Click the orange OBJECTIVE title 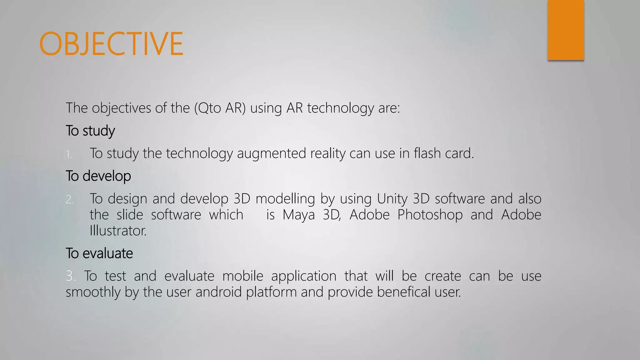point(111,44)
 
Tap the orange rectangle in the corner point(566,30)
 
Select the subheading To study point(90,131)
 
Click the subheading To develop point(98,176)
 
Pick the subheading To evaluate point(99,253)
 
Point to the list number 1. point(69,154)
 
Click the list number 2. point(69,199)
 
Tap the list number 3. point(70,276)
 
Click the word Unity point(392,199)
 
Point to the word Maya point(298,215)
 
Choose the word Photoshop point(430,215)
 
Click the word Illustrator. point(118,231)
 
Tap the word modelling point(285,199)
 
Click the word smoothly point(93,292)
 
